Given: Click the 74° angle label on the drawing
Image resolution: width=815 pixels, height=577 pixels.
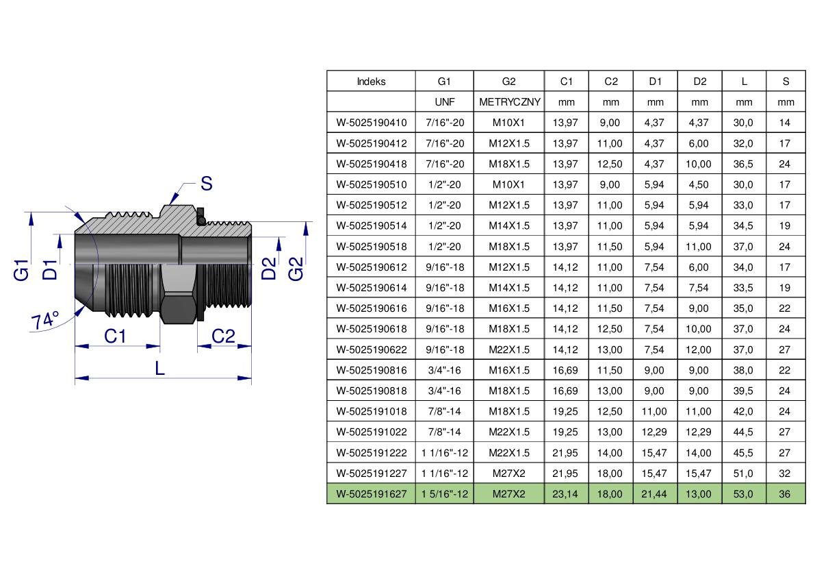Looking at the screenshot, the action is tap(45, 320).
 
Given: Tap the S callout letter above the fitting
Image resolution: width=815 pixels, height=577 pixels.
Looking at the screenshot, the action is tap(207, 184).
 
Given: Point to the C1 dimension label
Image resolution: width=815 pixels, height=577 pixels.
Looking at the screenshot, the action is tap(115, 336).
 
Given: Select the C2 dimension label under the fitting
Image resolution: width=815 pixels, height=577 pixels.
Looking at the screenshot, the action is tap(223, 336).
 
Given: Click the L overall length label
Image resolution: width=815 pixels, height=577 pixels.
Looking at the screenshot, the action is tap(159, 369).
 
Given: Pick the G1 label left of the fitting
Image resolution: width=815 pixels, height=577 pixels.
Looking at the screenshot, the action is tap(21, 270).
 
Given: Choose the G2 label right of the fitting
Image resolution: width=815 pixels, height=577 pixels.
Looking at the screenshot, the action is tap(295, 269).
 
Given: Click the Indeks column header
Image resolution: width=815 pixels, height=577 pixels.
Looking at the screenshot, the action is tap(371, 82).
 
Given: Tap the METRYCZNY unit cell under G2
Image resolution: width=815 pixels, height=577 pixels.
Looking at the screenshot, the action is tap(509, 102).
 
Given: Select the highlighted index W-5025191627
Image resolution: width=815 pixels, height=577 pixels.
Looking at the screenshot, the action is tap(371, 494).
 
